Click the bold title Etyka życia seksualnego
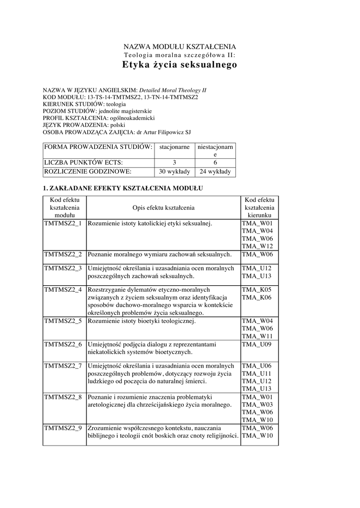click(179, 65)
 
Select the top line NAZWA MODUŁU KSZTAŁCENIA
click(179, 46)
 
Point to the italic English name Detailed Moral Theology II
click(172, 90)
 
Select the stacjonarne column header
click(174, 147)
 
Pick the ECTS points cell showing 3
click(174, 162)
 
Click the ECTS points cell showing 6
click(216, 162)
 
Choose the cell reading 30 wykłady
click(174, 172)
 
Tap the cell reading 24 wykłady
click(216, 172)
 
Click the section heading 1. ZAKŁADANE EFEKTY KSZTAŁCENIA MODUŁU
click(122, 189)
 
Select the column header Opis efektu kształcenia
click(163, 207)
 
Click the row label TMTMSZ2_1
click(63, 224)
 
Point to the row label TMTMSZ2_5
click(63, 321)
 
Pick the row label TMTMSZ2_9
click(63, 428)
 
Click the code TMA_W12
click(257, 246)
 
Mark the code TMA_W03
click(257, 405)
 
